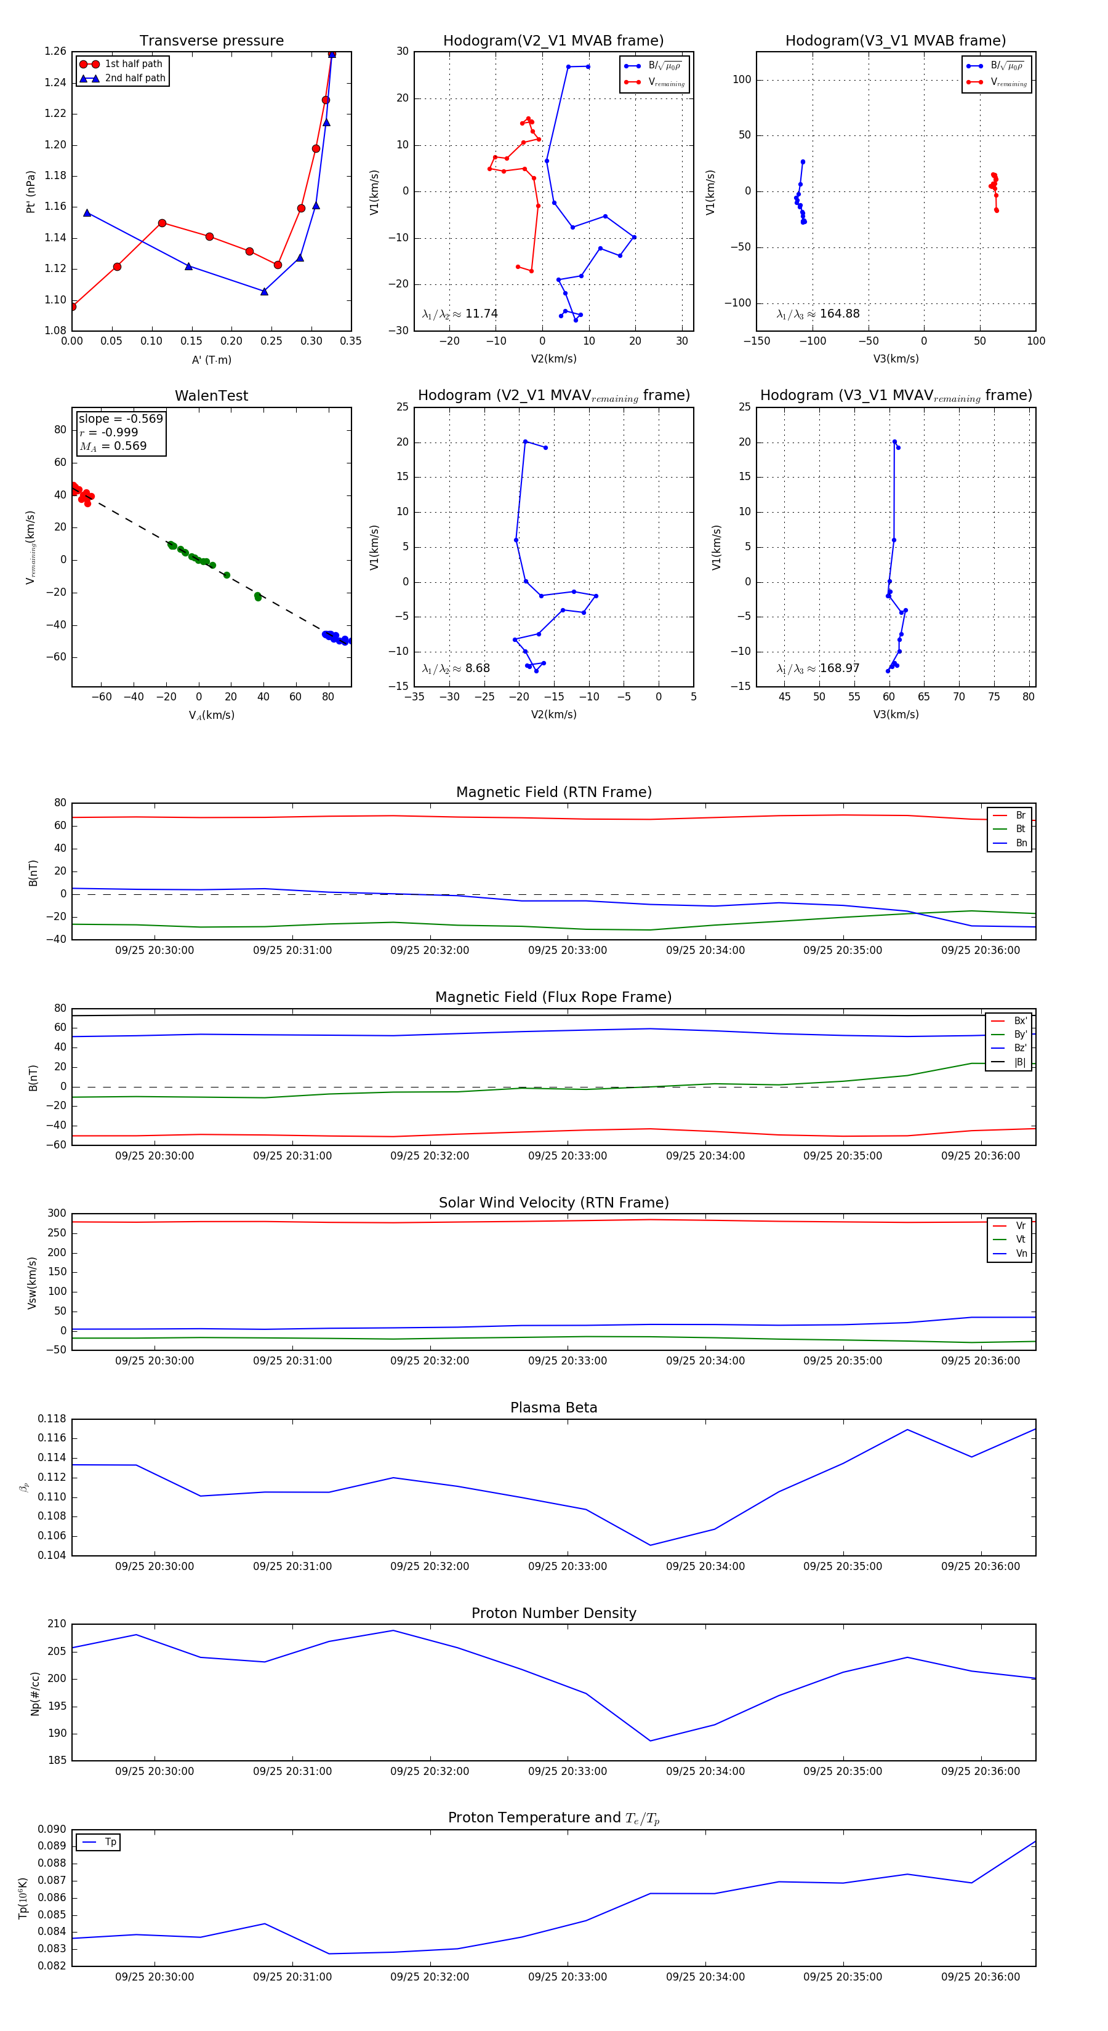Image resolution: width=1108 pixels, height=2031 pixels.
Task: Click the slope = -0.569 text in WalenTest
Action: [121, 419]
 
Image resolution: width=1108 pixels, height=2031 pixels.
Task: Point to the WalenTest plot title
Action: [211, 396]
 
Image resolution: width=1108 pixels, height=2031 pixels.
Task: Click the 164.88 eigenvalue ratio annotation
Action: [818, 314]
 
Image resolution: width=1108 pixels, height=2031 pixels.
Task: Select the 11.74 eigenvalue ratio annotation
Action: [460, 314]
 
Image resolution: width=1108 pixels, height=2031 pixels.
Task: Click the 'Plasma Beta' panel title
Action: [553, 1408]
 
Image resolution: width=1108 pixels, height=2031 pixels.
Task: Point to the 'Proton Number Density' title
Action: [553, 1613]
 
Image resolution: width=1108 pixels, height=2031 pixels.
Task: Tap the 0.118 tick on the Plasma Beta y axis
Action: [52, 1419]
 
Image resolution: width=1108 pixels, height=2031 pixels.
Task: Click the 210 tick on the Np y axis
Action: [57, 1624]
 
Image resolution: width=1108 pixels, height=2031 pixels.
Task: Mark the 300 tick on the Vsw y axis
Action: [57, 1214]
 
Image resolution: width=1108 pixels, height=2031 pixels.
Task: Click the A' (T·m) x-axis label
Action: [211, 359]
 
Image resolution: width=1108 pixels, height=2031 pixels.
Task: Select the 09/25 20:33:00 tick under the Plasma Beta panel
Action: [567, 1566]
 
